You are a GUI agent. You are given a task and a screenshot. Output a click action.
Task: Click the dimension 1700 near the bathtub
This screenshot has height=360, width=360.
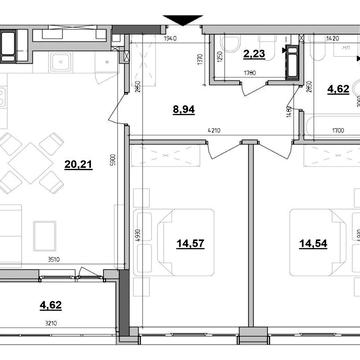click(339, 129)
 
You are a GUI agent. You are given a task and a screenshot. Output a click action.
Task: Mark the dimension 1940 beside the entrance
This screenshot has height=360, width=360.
click(171, 38)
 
